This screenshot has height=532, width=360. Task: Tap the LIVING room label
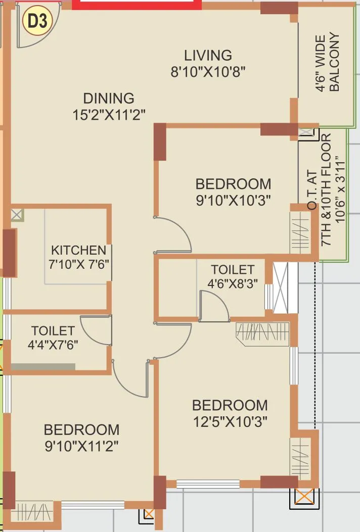pyautogui.click(x=208, y=55)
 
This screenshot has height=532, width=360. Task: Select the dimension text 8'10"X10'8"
pyautogui.click(x=208, y=72)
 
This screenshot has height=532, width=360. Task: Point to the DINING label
pyautogui.click(x=109, y=98)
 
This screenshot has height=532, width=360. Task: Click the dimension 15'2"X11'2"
pyautogui.click(x=109, y=115)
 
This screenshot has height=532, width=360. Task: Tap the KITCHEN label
pyautogui.click(x=78, y=250)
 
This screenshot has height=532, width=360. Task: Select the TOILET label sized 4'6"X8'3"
pyautogui.click(x=233, y=269)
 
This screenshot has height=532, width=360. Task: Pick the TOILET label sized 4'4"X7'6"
pyautogui.click(x=53, y=331)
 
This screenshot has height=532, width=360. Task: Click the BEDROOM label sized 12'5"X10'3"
pyautogui.click(x=230, y=405)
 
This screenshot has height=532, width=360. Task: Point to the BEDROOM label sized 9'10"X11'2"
pyautogui.click(x=81, y=430)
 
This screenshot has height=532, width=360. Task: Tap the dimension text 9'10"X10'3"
pyautogui.click(x=233, y=200)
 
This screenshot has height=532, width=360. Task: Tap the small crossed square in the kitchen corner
pyautogui.click(x=17, y=215)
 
